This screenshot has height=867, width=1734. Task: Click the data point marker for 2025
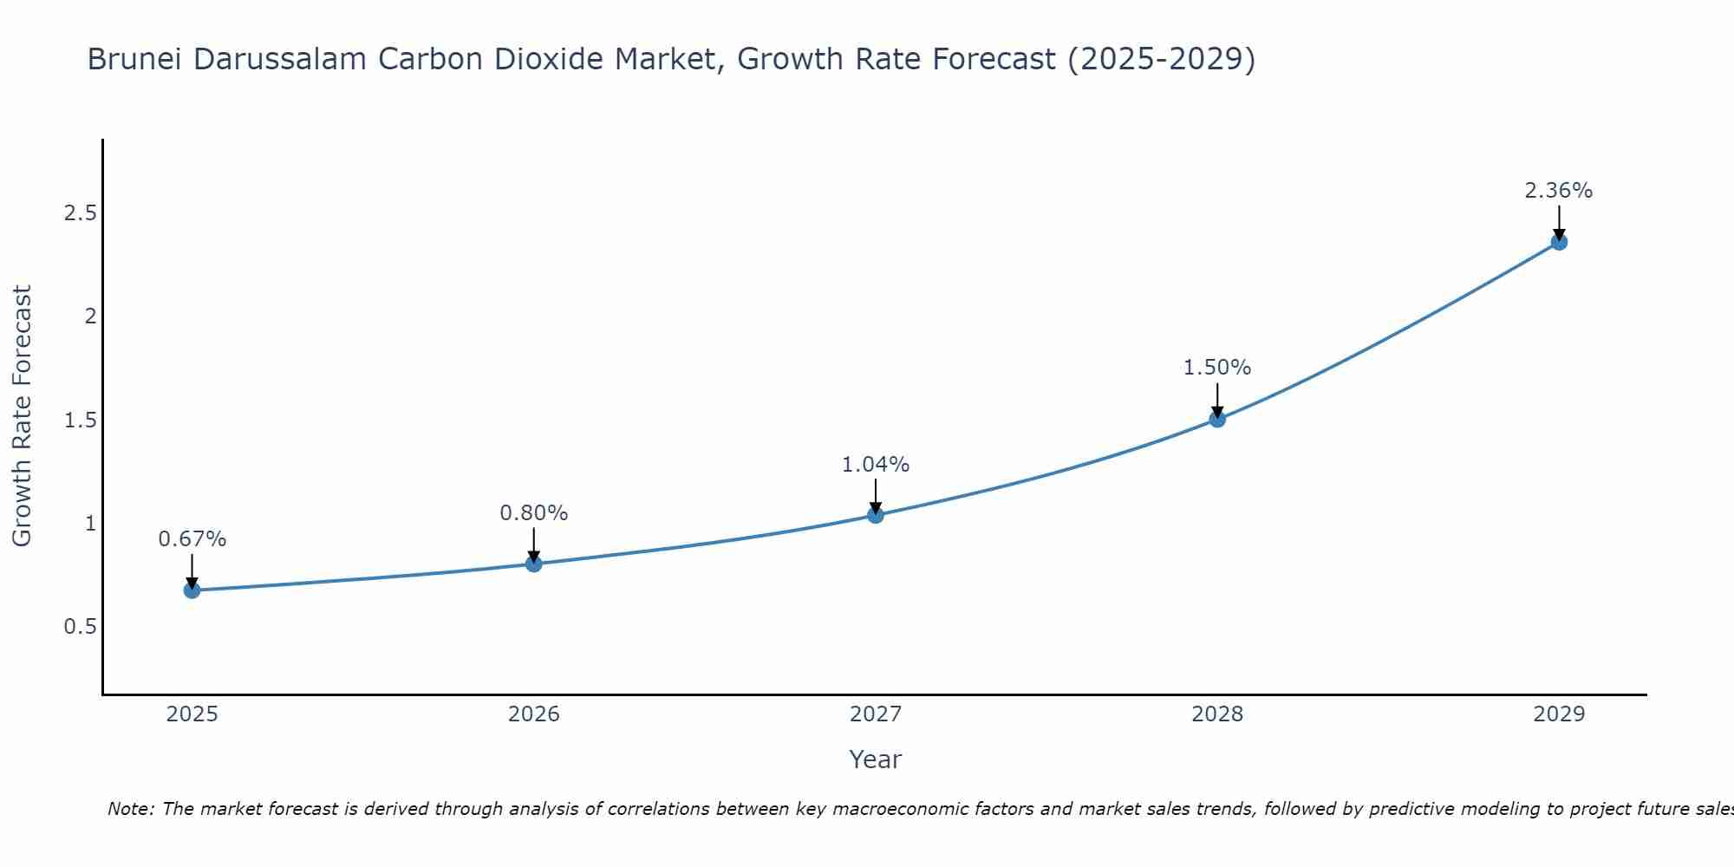click(192, 590)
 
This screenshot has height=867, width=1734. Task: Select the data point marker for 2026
click(533, 564)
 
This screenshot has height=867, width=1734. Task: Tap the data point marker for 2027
click(875, 515)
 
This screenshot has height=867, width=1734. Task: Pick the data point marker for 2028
click(1216, 420)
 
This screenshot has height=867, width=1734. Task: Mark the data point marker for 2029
click(1558, 242)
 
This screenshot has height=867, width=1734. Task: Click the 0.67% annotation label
click(192, 539)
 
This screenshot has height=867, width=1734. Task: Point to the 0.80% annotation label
click(533, 513)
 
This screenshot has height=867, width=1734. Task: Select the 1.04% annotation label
click(875, 465)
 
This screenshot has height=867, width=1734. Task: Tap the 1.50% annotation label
click(1216, 368)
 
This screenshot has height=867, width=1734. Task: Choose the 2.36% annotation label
click(1558, 191)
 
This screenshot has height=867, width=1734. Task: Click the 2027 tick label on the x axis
click(875, 714)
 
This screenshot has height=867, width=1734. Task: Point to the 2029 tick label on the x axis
click(1558, 714)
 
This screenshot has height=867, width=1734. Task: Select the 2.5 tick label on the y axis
click(80, 213)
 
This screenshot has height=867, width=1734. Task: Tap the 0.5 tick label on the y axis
click(80, 626)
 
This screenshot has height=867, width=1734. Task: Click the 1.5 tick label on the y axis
click(80, 420)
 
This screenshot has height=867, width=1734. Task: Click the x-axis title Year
click(875, 759)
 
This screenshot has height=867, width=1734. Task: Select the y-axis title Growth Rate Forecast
click(22, 416)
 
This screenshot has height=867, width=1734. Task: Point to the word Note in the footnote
click(130, 809)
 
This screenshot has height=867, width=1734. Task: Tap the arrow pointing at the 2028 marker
click(1216, 401)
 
